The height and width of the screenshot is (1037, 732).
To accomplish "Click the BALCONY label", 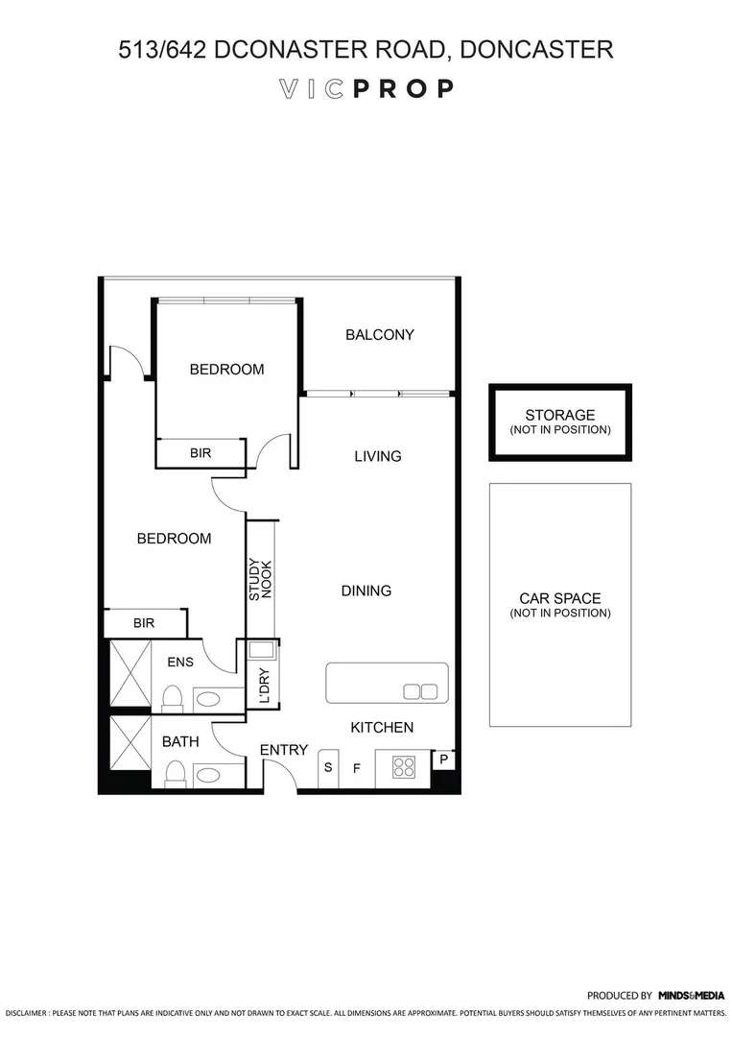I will pos(380,335).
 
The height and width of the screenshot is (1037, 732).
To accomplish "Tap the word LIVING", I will pos(377,456).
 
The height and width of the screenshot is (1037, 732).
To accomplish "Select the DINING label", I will pos(366,591).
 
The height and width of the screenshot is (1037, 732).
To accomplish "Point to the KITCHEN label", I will pos(382,728).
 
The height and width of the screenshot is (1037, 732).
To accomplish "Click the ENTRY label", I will pos(284,750).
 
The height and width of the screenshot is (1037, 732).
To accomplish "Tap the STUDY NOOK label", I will pos(261,579).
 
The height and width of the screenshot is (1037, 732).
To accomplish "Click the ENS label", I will pos(180,662).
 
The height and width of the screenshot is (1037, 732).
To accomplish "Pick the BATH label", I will pos(180,741).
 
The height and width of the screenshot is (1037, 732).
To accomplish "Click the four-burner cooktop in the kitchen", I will pos(404,767).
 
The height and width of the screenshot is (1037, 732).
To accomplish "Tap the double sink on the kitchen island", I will pos(420,691).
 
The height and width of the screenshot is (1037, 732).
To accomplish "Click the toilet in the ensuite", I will pos(173,696).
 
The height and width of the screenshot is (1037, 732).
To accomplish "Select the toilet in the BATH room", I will pos(175,773).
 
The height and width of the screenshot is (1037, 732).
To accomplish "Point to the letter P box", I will pos(443,759).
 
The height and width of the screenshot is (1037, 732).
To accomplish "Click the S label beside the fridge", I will pos(328,768).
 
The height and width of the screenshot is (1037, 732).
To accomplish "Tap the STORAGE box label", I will pos(560,416).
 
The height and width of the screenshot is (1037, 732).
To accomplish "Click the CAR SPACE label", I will pos(560,598).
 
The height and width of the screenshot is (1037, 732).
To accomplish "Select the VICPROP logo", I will pos(366,89).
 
